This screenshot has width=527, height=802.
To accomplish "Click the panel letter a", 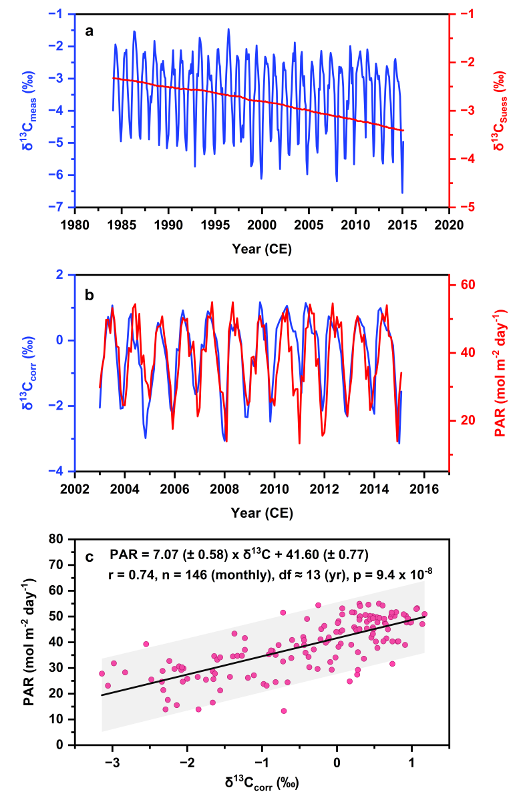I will (89, 30).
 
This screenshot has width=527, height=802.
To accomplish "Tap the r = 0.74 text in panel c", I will (131, 572).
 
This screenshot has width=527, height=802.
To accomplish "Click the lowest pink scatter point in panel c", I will (284, 711).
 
